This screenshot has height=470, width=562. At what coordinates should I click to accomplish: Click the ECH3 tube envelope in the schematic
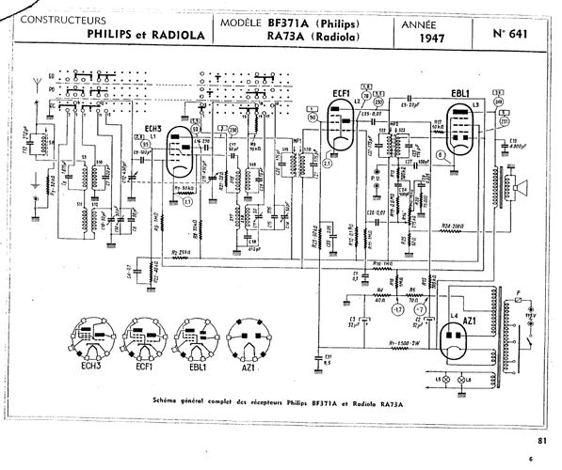[176, 150]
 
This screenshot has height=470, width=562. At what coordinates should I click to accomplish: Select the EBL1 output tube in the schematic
[461, 127]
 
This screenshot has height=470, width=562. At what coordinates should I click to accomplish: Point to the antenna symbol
[36, 84]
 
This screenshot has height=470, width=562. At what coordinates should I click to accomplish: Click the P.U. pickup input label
[375, 175]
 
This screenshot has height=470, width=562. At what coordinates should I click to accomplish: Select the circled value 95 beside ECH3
[144, 144]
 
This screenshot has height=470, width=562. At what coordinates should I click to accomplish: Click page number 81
[540, 439]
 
